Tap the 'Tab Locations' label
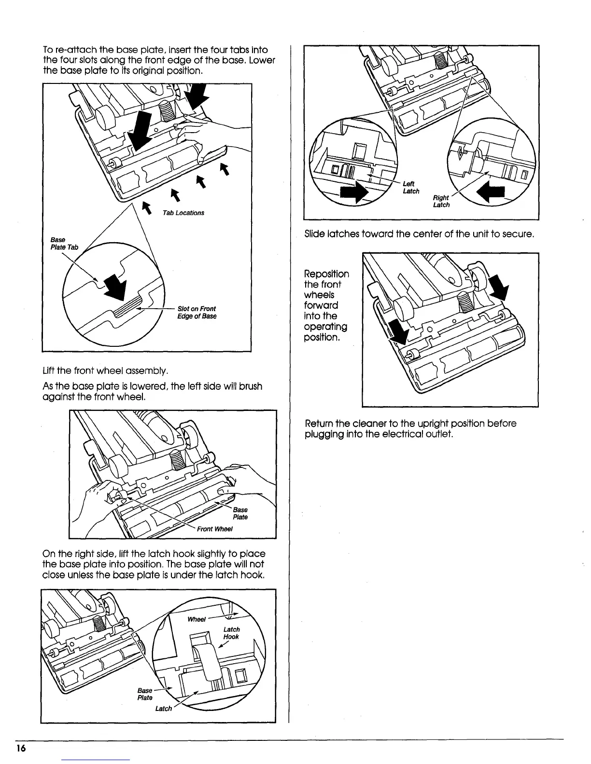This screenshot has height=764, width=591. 183,213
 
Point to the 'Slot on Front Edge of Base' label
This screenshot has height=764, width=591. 197,312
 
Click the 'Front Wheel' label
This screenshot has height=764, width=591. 215,529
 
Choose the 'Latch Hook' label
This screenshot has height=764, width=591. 231,633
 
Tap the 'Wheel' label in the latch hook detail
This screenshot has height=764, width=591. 197,619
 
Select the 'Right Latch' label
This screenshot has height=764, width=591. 441,201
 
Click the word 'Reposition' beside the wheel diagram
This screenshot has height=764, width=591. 326,274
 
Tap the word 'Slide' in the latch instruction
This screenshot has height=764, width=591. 315,235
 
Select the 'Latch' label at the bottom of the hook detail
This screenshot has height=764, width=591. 164,708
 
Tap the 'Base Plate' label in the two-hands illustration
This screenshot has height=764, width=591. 240,513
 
